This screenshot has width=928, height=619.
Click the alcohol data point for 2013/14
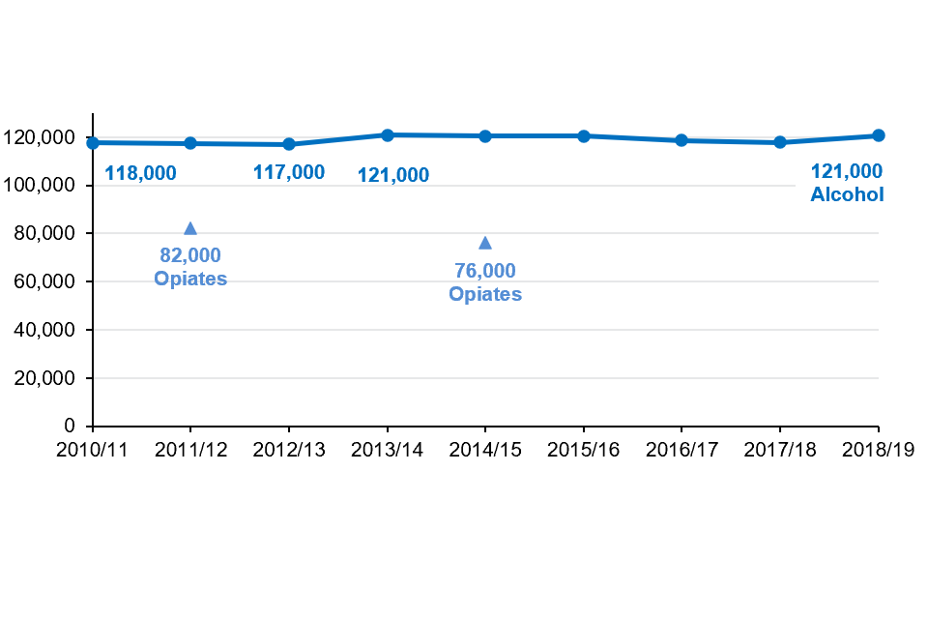[387, 135]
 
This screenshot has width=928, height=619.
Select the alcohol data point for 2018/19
[878, 135]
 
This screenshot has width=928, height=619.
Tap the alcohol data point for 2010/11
[93, 143]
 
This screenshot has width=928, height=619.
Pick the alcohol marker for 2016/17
[681, 140]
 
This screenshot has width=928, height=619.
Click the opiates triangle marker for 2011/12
[190, 228]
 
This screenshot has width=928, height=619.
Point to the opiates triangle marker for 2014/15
[485, 243]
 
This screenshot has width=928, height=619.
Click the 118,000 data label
[140, 174]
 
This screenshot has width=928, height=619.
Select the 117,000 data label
[289, 173]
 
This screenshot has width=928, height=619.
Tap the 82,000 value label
[190, 255]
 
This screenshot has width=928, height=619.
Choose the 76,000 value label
[485, 271]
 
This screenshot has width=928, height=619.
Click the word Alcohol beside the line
[847, 194]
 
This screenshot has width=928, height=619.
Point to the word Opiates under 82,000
[190, 279]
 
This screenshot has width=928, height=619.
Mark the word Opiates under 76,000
[485, 294]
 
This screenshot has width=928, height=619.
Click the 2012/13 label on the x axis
[289, 450]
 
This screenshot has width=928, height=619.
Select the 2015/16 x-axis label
[584, 450]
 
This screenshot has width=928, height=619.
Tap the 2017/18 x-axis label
[780, 450]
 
